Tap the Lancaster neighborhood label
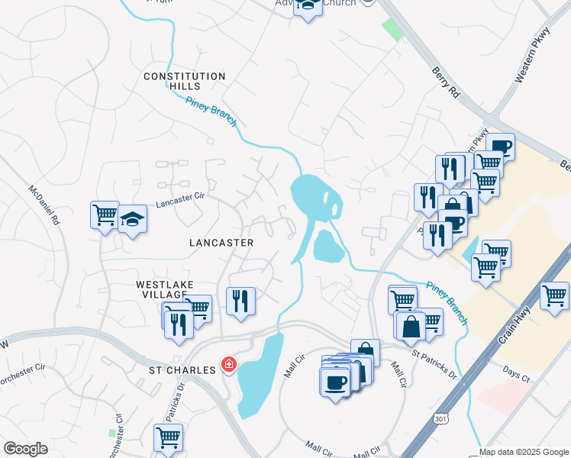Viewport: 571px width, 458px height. [221, 242]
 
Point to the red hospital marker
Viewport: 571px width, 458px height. [227, 366]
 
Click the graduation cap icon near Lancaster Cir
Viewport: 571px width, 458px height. [132, 219]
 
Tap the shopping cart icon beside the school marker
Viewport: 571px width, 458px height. [105, 214]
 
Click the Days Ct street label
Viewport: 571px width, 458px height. [516, 374]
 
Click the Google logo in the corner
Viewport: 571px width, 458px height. [26, 449]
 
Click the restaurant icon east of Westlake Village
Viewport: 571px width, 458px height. [240, 301]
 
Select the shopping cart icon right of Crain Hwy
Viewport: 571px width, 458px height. [554, 295]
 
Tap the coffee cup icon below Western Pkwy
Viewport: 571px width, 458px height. [501, 147]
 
